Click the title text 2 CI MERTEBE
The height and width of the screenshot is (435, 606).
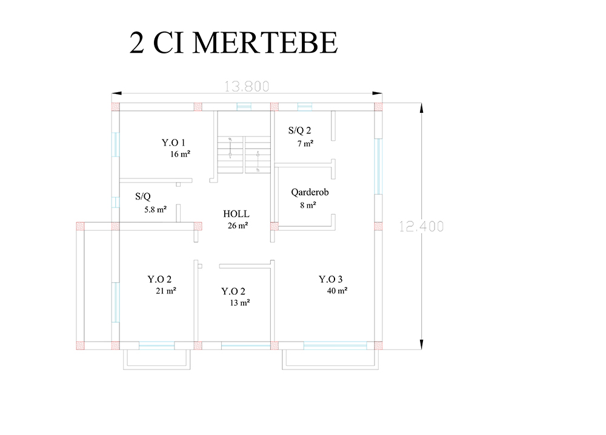click(233, 42)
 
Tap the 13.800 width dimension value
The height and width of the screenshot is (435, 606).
click(247, 86)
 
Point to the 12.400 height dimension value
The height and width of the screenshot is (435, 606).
click(421, 226)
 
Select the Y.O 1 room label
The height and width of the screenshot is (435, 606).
click(173, 143)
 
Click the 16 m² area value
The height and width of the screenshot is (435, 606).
click(180, 154)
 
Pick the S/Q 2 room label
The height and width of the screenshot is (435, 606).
click(299, 130)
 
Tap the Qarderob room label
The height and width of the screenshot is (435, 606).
click(310, 192)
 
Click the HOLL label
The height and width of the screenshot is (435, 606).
click(236, 214)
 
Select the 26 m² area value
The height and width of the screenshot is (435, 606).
click(238, 226)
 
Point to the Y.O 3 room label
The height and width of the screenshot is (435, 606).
click(330, 279)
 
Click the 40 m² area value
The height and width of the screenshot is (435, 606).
click(337, 291)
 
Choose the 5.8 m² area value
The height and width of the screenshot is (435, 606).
click(155, 210)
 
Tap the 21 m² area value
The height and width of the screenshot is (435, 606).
click(166, 291)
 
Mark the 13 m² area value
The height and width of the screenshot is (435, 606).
click(239, 303)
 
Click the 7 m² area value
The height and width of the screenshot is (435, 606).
click(305, 144)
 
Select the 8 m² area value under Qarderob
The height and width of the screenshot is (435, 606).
click(308, 205)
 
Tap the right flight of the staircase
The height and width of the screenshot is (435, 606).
click(258, 155)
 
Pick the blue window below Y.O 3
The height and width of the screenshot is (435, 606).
click(335, 346)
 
